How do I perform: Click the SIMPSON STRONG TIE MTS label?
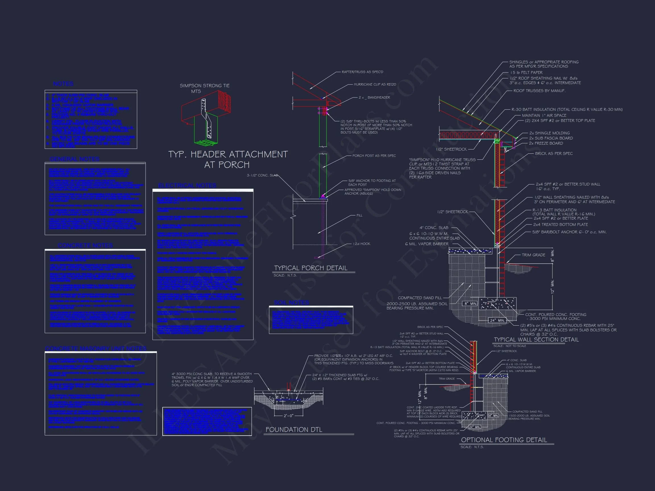pos(204,88)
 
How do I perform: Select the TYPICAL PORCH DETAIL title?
pos(310,268)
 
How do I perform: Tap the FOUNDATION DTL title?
pos(293,430)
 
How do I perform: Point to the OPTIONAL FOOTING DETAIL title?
pos(504,440)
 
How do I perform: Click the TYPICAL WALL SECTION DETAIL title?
pos(536,340)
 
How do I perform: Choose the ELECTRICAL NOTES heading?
pos(187,186)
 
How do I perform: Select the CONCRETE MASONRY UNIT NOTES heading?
pos(96,349)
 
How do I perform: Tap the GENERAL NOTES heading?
pos(74,159)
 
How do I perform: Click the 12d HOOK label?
pos(361,244)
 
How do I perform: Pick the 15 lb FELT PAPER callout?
pos(526,72)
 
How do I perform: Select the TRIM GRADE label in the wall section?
pos(533,255)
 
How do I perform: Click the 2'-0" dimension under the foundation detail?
pos(289,416)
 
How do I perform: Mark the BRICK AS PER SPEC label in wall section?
pos(554,154)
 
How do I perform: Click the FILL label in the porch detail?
pos(359,215)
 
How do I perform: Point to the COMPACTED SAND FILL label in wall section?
pos(420,298)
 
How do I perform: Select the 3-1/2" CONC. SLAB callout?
pos(262,175)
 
